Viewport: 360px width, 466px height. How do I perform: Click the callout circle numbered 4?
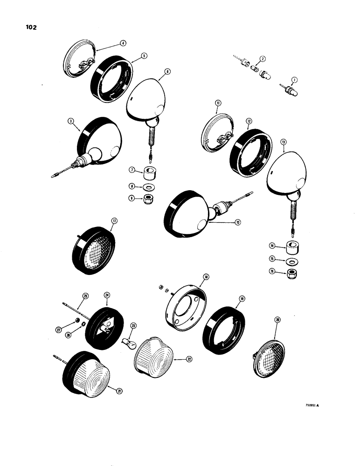tap(123, 43)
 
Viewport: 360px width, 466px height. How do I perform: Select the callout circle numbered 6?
tap(167, 72)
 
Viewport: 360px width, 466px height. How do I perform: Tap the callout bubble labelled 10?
tap(237, 222)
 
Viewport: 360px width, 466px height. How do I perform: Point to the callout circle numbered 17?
tap(114, 221)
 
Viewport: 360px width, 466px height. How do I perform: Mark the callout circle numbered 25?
tap(85, 295)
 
